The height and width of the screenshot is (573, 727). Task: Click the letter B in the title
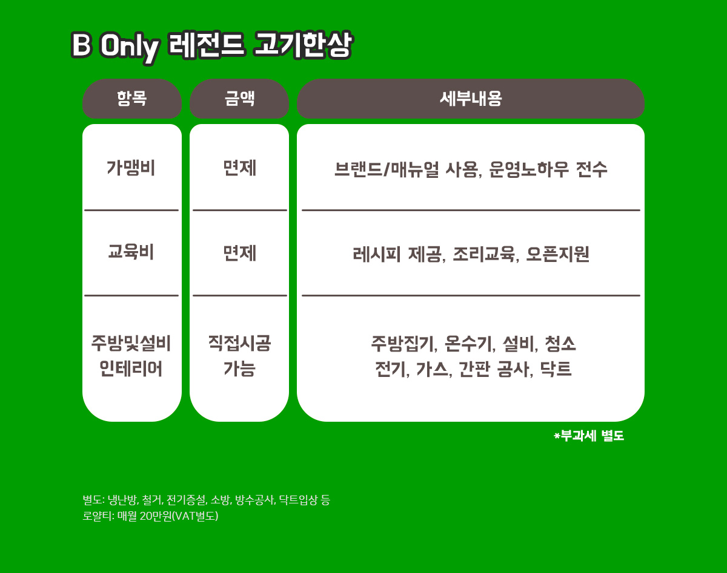(x=81, y=45)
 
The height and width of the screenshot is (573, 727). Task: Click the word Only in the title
(x=130, y=48)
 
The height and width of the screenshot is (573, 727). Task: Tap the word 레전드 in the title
(x=206, y=45)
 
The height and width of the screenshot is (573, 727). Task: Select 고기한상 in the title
(x=303, y=45)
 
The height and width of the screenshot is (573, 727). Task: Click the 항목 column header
(x=131, y=99)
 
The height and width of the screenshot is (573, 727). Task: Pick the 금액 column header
(x=239, y=99)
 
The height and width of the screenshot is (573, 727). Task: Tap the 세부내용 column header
(x=471, y=99)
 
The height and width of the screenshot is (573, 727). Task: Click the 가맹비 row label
(x=131, y=168)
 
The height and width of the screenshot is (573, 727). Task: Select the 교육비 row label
(x=131, y=252)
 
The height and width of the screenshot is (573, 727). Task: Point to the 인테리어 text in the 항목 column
(x=131, y=368)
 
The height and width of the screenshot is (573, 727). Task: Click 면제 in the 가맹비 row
(x=239, y=168)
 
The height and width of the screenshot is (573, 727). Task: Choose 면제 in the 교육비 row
(x=239, y=253)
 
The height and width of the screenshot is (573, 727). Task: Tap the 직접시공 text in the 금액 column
(x=239, y=343)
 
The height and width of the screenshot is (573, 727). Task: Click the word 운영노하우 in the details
(x=529, y=169)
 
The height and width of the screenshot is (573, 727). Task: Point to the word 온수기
(x=470, y=344)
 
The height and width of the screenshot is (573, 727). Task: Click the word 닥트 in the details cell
(x=556, y=369)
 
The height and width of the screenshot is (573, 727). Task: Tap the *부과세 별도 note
(x=589, y=436)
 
